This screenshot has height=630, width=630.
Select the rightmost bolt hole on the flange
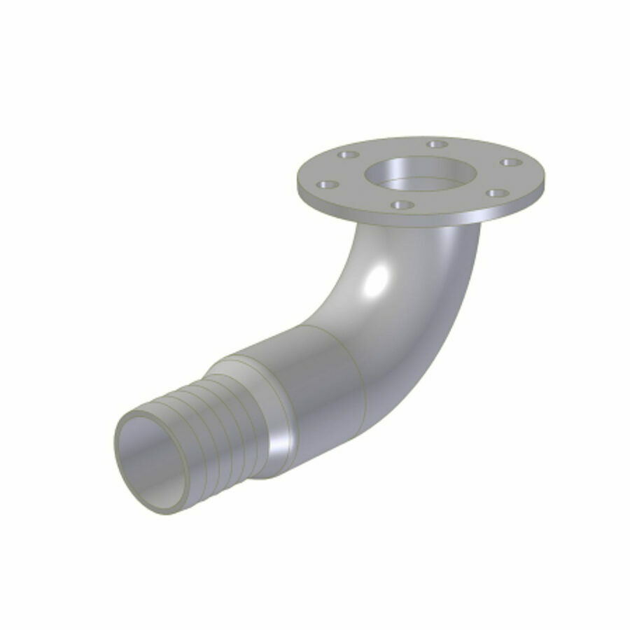click(509, 163)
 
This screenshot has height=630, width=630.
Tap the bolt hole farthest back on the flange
click(437, 144)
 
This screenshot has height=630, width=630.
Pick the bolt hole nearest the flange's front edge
click(400, 205)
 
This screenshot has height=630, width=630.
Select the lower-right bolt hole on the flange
click(496, 193)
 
